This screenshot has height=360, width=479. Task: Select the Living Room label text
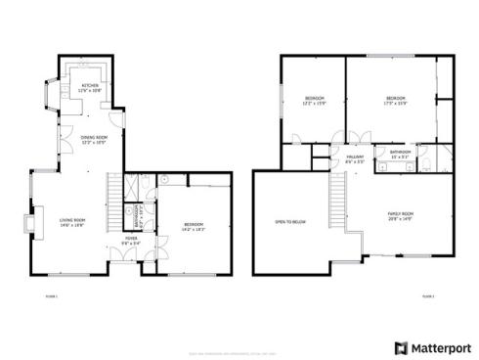point(71,221)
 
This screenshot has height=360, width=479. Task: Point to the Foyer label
point(130,240)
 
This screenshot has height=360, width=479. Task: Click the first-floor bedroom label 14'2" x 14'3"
point(194,226)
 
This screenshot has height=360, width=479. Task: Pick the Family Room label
point(400,215)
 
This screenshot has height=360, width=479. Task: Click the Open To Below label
point(291,222)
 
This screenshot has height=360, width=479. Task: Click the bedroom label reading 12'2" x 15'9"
point(315,100)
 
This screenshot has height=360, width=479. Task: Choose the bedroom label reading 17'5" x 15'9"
point(396,100)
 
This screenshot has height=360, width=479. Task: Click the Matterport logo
point(432,347)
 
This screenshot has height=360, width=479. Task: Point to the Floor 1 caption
point(52,294)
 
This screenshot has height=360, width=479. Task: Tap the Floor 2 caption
point(426,294)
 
